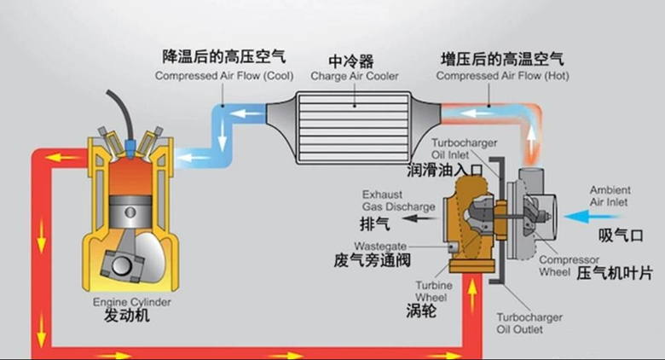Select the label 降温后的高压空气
coord(223,57)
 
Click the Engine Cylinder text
coord(131,302)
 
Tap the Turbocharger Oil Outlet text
coord(529,324)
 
